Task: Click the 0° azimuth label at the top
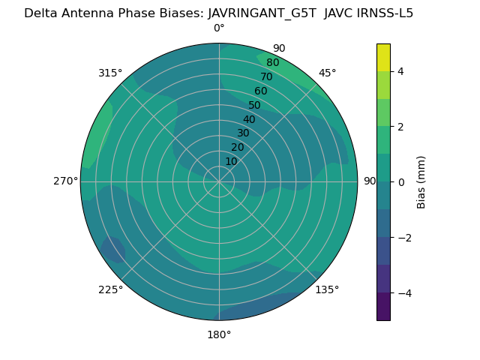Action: click(219, 28)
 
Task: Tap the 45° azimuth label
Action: click(328, 73)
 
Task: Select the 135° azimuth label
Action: click(327, 289)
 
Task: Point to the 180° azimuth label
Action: click(219, 334)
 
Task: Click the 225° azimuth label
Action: click(110, 290)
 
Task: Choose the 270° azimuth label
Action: click(65, 181)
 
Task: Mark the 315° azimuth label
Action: click(110, 73)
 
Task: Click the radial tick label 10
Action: click(231, 161)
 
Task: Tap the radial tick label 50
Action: click(254, 105)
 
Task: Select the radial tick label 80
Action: click(272, 62)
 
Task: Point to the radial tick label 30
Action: click(243, 133)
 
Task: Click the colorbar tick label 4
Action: click(400, 71)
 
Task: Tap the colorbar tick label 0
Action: click(400, 182)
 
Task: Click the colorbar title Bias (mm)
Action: click(421, 182)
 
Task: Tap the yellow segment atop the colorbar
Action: click(383, 57)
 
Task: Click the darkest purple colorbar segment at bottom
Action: click(383, 307)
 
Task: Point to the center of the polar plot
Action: click(219, 181)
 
